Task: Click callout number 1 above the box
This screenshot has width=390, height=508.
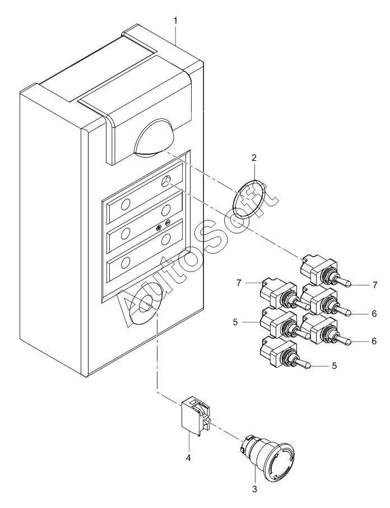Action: click(175, 21)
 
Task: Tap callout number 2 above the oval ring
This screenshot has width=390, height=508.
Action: click(254, 158)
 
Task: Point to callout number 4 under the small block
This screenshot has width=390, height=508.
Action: click(188, 458)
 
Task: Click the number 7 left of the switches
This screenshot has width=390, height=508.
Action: click(239, 283)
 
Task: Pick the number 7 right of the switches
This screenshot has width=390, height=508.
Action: click(375, 285)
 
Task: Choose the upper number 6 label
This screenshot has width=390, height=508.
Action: click(374, 313)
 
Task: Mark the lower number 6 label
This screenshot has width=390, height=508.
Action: click(374, 341)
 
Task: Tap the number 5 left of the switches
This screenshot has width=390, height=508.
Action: click(235, 322)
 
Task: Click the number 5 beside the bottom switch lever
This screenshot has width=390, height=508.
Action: click(335, 366)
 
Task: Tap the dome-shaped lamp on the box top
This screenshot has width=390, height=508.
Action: click(155, 138)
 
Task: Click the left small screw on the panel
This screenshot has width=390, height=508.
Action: click(159, 228)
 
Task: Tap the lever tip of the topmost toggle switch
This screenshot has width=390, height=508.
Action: click(347, 284)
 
